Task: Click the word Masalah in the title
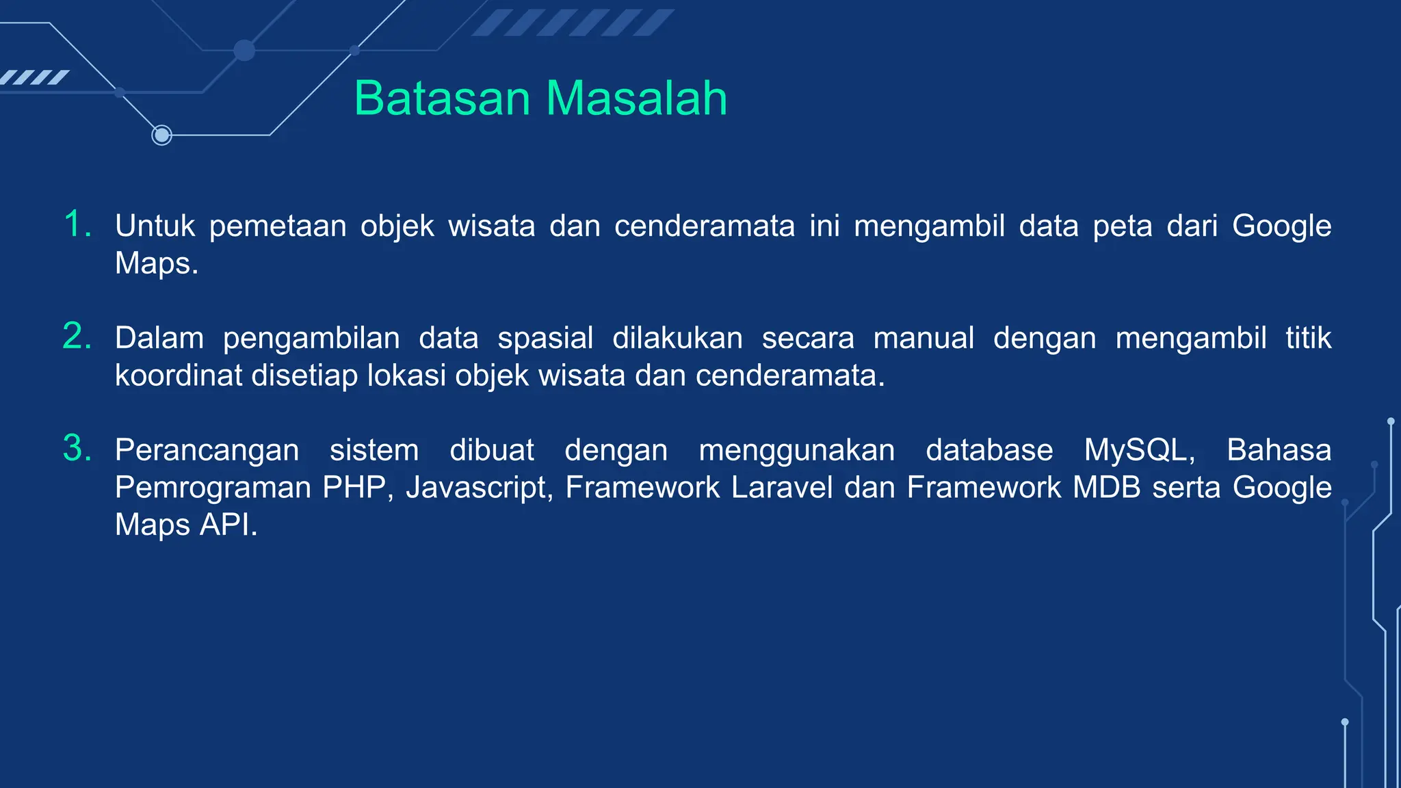pyautogui.click(x=636, y=98)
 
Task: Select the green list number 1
pyautogui.click(x=77, y=224)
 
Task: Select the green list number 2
pyautogui.click(x=77, y=337)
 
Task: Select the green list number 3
pyautogui.click(x=77, y=449)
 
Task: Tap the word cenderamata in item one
pyautogui.click(x=705, y=226)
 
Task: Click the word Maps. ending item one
pyautogui.click(x=157, y=263)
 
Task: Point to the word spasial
pyautogui.click(x=545, y=339)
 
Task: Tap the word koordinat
pyautogui.click(x=178, y=376)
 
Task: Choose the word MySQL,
pyautogui.click(x=1140, y=451)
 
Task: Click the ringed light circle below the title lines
pyautogui.click(x=161, y=135)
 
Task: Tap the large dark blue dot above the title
pyautogui.click(x=244, y=50)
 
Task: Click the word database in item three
pyautogui.click(x=989, y=451)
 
